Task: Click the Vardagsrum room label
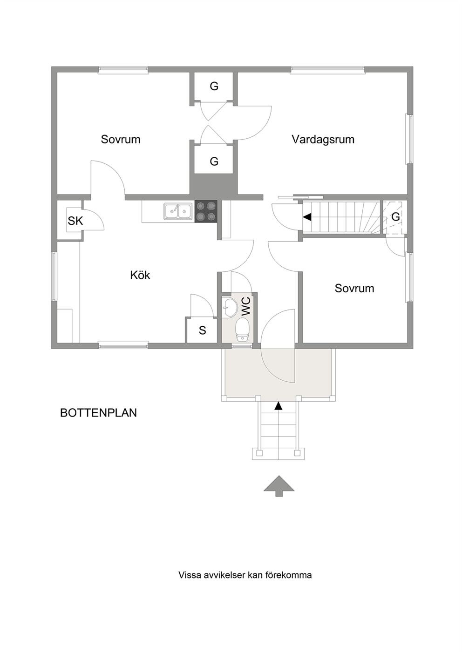tap(323, 139)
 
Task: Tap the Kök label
tap(140, 275)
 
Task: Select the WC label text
tap(246, 306)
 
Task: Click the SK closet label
tap(75, 221)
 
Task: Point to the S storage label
tap(203, 330)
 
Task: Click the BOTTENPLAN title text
tap(98, 413)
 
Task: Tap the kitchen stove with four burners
tap(206, 211)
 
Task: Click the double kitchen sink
tap(178, 211)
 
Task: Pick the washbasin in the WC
tap(229, 307)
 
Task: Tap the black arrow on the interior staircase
tap(307, 217)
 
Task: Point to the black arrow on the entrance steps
tap(279, 406)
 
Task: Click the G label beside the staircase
tap(395, 216)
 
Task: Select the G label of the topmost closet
tap(214, 86)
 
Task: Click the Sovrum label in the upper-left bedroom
tap(121, 139)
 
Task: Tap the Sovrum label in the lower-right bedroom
tap(354, 288)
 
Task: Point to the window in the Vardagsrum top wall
tap(327, 69)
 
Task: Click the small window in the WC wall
tap(242, 346)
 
